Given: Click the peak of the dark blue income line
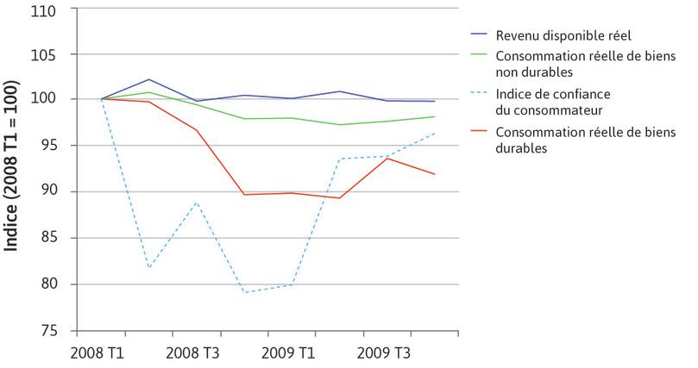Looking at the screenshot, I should pos(148,79).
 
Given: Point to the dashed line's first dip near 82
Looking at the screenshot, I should pos(149,268).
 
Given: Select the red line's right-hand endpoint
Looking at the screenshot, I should pos(434,174).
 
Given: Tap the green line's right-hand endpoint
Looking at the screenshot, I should pos(434,116).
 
